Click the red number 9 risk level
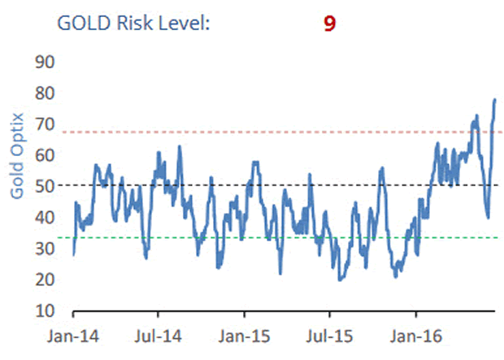(329, 23)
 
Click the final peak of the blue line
(495, 100)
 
